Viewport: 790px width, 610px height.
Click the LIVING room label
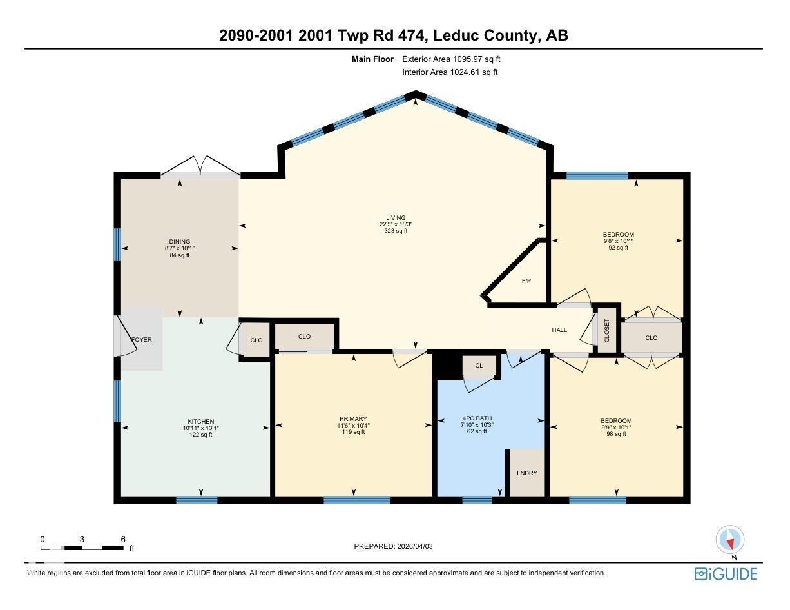[x=396, y=218]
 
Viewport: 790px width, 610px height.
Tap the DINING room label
[x=179, y=242]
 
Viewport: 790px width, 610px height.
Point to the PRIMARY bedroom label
[x=353, y=419]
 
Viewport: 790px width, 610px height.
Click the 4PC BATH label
[x=477, y=418]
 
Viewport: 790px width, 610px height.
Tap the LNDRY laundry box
[x=526, y=473]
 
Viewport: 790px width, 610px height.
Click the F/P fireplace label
[x=526, y=281]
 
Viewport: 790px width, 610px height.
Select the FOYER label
[x=141, y=339]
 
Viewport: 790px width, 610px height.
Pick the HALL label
[x=559, y=330]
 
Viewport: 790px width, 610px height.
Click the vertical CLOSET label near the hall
[x=606, y=330]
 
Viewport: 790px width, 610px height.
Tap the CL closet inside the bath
[x=479, y=366]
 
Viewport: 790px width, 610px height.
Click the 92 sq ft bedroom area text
[x=618, y=248]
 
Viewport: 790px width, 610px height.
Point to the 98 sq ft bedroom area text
[x=616, y=434]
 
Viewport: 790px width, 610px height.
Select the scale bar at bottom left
[x=82, y=547]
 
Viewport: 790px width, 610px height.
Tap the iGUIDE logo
[x=726, y=574]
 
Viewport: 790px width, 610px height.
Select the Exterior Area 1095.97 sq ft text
[x=451, y=59]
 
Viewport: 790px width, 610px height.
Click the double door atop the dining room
[x=200, y=167]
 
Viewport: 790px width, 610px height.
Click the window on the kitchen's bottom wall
[x=197, y=499]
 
